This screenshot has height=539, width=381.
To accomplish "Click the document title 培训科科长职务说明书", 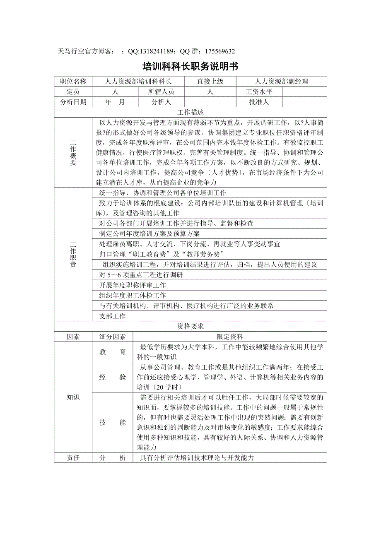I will [190, 67].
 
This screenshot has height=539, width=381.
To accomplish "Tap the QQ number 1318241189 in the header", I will [157, 51].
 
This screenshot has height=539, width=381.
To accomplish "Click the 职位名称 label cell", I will [73, 82].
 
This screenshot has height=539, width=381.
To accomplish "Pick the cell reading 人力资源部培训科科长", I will [138, 82].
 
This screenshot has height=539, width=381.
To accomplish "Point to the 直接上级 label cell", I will [210, 82].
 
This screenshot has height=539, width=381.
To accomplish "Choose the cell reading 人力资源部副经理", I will [282, 82].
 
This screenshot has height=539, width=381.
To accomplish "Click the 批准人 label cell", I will [259, 102].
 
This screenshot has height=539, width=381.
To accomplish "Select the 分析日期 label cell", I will [73, 102].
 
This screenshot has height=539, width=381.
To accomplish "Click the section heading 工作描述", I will [190, 112].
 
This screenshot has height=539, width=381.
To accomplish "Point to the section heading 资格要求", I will [190, 327].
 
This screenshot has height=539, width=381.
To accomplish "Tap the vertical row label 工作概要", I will [73, 153].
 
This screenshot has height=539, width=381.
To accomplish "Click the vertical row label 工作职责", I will [73, 255].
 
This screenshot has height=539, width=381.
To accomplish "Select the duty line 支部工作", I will [113, 316].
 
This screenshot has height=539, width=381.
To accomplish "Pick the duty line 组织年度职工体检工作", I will [133, 296].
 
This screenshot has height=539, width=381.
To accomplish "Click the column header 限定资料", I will [230, 337].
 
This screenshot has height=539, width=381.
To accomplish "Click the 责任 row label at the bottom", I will [73, 458].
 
